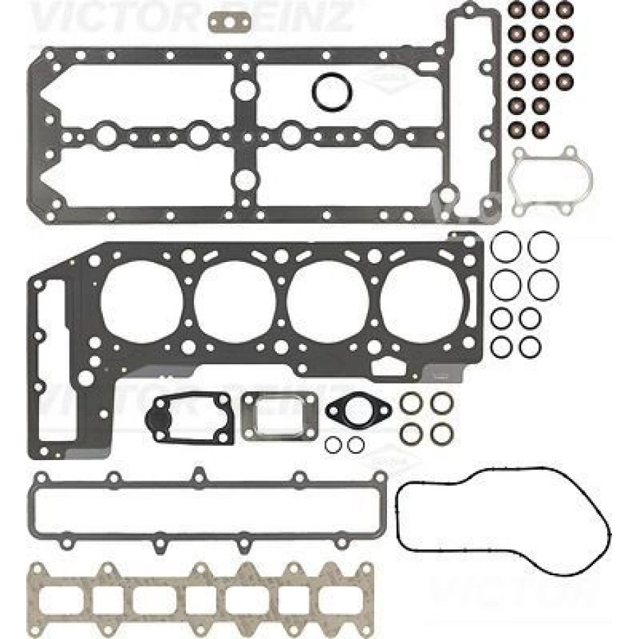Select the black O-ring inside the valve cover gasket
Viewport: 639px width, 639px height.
(x=329, y=92)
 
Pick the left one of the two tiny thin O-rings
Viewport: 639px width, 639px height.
(x=333, y=445)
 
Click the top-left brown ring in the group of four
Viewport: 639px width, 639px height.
(x=412, y=403)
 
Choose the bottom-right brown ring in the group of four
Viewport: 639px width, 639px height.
(x=442, y=432)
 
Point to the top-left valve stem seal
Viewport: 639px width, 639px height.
(x=518, y=10)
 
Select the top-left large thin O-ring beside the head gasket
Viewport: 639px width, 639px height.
(x=505, y=246)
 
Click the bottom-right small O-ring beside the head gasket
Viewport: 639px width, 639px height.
(x=530, y=346)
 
